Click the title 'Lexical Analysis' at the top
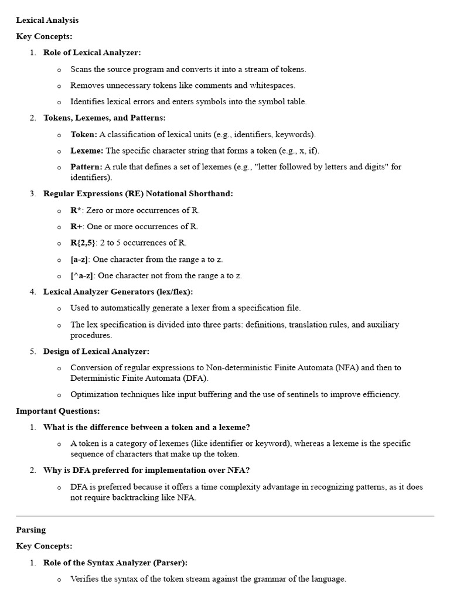tap(47, 21)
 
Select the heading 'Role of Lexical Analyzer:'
tap(92, 53)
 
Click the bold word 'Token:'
tap(84, 134)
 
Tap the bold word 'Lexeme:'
tap(87, 151)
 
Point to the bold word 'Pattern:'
tap(86, 167)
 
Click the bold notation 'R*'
tap(76, 210)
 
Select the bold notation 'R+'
tap(76, 226)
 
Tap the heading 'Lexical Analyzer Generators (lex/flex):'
tap(118, 291)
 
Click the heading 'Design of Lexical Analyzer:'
tap(96, 351)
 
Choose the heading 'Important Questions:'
tap(57, 411)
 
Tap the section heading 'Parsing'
tap(30, 530)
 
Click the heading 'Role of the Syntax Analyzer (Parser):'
tap(115, 562)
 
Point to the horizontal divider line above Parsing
tap(225, 516)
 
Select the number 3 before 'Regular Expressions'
tap(33, 193)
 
